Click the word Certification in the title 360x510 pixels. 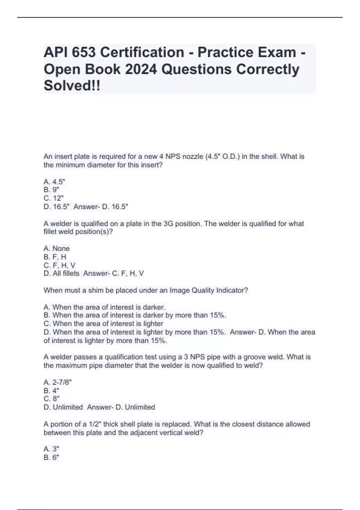(x=142, y=52)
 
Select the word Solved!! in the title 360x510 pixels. (x=72, y=86)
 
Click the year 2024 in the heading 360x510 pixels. (x=140, y=69)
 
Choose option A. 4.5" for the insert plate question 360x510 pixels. (x=54, y=182)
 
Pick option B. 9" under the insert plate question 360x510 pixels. (x=51, y=190)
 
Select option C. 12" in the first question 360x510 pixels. (x=54, y=198)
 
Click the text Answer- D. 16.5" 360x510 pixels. (x=101, y=207)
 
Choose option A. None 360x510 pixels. (x=57, y=248)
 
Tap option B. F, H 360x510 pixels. (x=55, y=257)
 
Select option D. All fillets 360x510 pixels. (x=61, y=273)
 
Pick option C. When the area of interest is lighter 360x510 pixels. (x=103, y=324)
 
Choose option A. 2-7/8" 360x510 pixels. (x=58, y=382)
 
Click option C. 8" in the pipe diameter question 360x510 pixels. (x=52, y=399)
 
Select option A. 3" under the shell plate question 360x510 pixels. (x=51, y=449)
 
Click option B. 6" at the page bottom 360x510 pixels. (x=51, y=457)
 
